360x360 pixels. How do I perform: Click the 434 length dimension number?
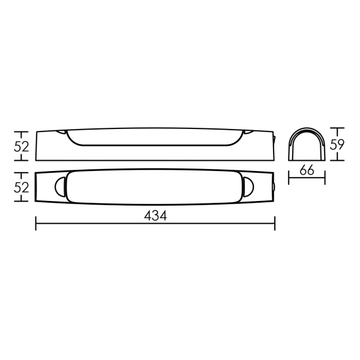coord(155,216)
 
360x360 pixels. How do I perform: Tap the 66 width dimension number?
coord(307,170)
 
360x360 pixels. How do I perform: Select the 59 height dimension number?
coord(337,145)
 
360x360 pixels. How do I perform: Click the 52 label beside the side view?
coord(22,147)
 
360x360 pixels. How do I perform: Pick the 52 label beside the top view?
coord(22,187)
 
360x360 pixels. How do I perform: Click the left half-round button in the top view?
coord(60,187)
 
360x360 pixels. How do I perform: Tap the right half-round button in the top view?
coord(248,187)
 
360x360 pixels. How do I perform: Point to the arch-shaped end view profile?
coord(307,128)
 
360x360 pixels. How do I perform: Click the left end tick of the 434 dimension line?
coord(36,223)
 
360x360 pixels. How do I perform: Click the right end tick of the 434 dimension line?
coord(275,223)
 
